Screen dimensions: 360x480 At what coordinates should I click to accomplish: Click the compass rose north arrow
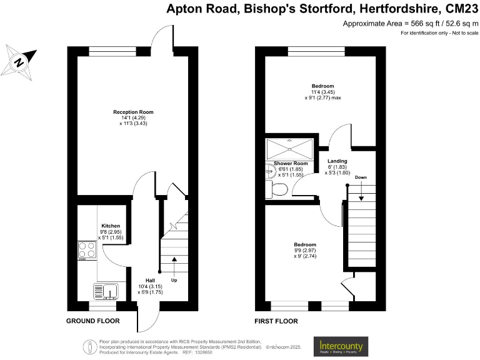click(19, 62)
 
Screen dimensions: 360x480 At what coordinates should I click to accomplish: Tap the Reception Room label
click(133, 112)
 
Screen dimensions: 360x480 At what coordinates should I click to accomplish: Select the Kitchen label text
click(111, 226)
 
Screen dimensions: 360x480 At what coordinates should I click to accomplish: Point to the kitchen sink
click(106, 291)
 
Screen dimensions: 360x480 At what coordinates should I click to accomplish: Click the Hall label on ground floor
click(150, 280)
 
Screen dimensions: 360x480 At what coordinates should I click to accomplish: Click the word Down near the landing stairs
click(361, 177)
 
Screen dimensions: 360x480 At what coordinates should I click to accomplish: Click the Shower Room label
click(287, 163)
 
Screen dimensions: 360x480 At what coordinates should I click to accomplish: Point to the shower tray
click(288, 149)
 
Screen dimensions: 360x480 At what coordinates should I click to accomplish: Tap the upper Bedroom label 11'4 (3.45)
click(323, 86)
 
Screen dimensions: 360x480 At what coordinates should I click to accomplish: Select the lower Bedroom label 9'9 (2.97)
click(305, 244)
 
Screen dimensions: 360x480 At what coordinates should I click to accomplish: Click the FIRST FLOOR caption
click(276, 321)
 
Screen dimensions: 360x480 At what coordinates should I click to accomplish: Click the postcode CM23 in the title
click(458, 9)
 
